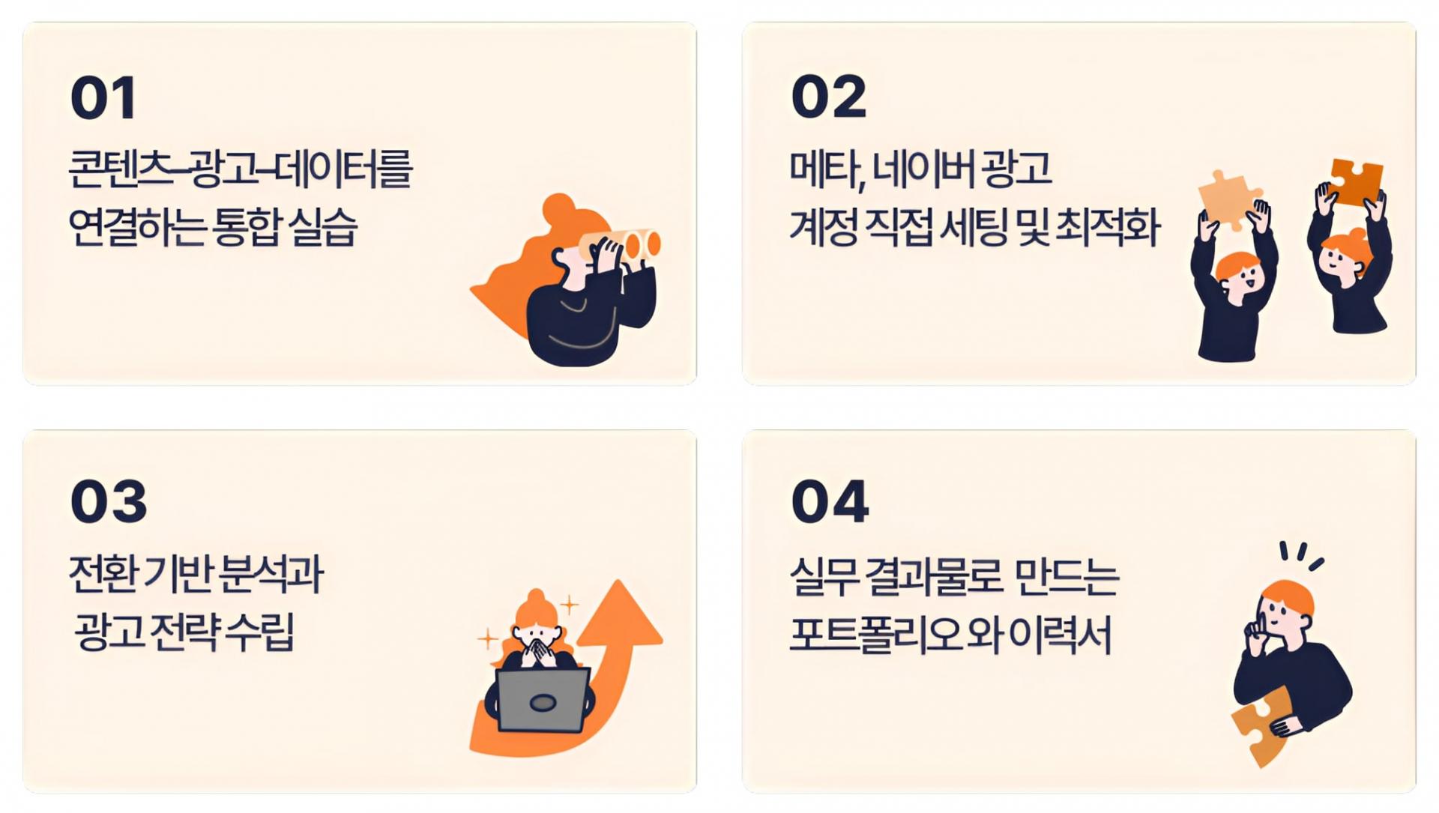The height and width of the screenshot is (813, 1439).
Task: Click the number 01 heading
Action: click(103, 98)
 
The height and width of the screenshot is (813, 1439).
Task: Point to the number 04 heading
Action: click(830, 501)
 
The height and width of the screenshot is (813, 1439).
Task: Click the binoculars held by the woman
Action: click(621, 244)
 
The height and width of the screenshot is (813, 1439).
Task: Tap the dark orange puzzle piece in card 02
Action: click(1356, 184)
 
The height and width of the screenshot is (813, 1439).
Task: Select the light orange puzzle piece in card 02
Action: click(1228, 199)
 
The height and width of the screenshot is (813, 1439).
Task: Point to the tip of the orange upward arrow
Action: click(620, 581)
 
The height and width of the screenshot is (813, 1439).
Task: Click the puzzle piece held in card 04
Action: click(1261, 725)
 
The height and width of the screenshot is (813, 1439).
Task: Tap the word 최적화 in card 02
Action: click(1108, 228)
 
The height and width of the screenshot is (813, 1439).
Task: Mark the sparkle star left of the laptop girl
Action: click(488, 639)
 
